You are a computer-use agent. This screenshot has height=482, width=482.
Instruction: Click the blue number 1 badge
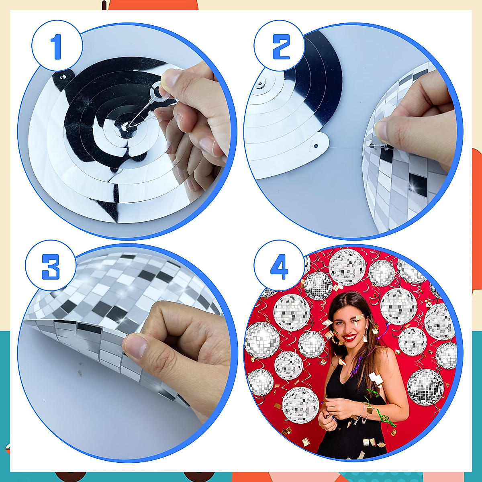click(x=57, y=47)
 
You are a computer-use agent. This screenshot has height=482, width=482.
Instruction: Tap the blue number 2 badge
click(x=280, y=47)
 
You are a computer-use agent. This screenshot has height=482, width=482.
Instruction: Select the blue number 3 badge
click(x=51, y=267)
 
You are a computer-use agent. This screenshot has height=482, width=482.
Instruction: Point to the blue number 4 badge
click(x=280, y=267)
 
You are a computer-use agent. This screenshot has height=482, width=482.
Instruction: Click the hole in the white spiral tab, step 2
click(x=316, y=145)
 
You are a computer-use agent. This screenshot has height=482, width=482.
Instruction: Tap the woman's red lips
click(x=350, y=337)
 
